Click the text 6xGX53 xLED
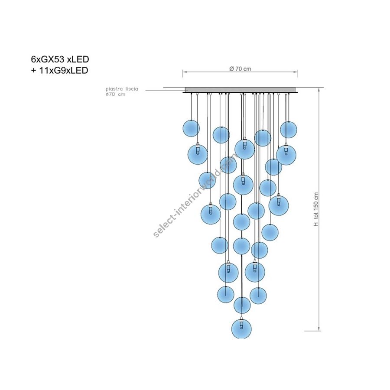click(x=60, y=59)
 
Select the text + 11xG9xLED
click(x=59, y=70)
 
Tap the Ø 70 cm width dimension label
click(x=240, y=69)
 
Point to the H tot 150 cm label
click(x=316, y=209)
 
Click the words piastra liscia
click(x=122, y=89)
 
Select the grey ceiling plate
click(x=240, y=90)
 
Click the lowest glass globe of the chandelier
click(x=241, y=328)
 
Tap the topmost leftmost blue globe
click(x=191, y=128)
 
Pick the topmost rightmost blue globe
click(x=289, y=130)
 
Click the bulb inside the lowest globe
click(x=241, y=325)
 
